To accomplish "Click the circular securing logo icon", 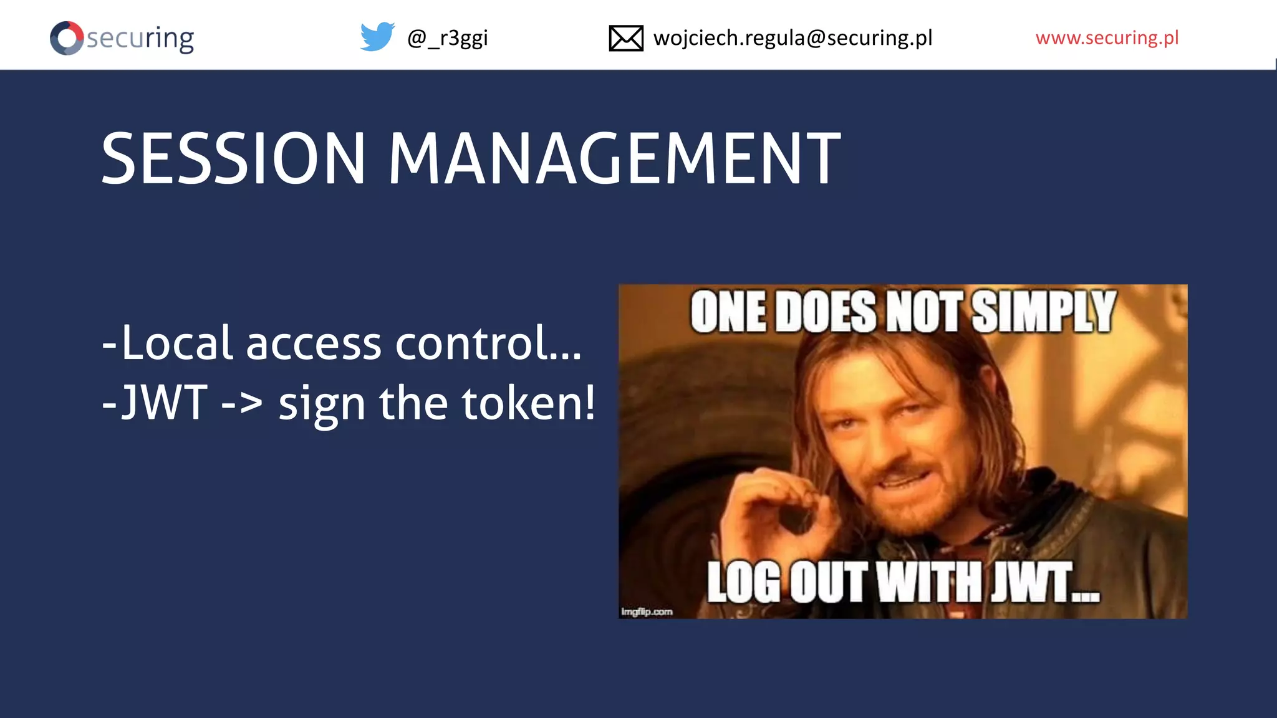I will [x=67, y=38].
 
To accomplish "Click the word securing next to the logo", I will [x=140, y=39].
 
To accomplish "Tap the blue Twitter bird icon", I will [x=377, y=37].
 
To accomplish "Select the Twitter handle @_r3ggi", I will [x=447, y=39].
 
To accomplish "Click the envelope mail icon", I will [x=625, y=38].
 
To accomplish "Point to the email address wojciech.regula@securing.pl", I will [x=793, y=38].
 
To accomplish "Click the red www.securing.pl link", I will [x=1107, y=38].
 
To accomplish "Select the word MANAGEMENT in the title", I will [x=614, y=159].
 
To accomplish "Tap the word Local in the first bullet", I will [x=177, y=343].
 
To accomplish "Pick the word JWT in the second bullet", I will [x=163, y=403].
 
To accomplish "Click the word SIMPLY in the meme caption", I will [x=1043, y=311].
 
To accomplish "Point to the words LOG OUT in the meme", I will [x=786, y=582].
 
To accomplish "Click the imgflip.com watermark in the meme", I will [x=647, y=611].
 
